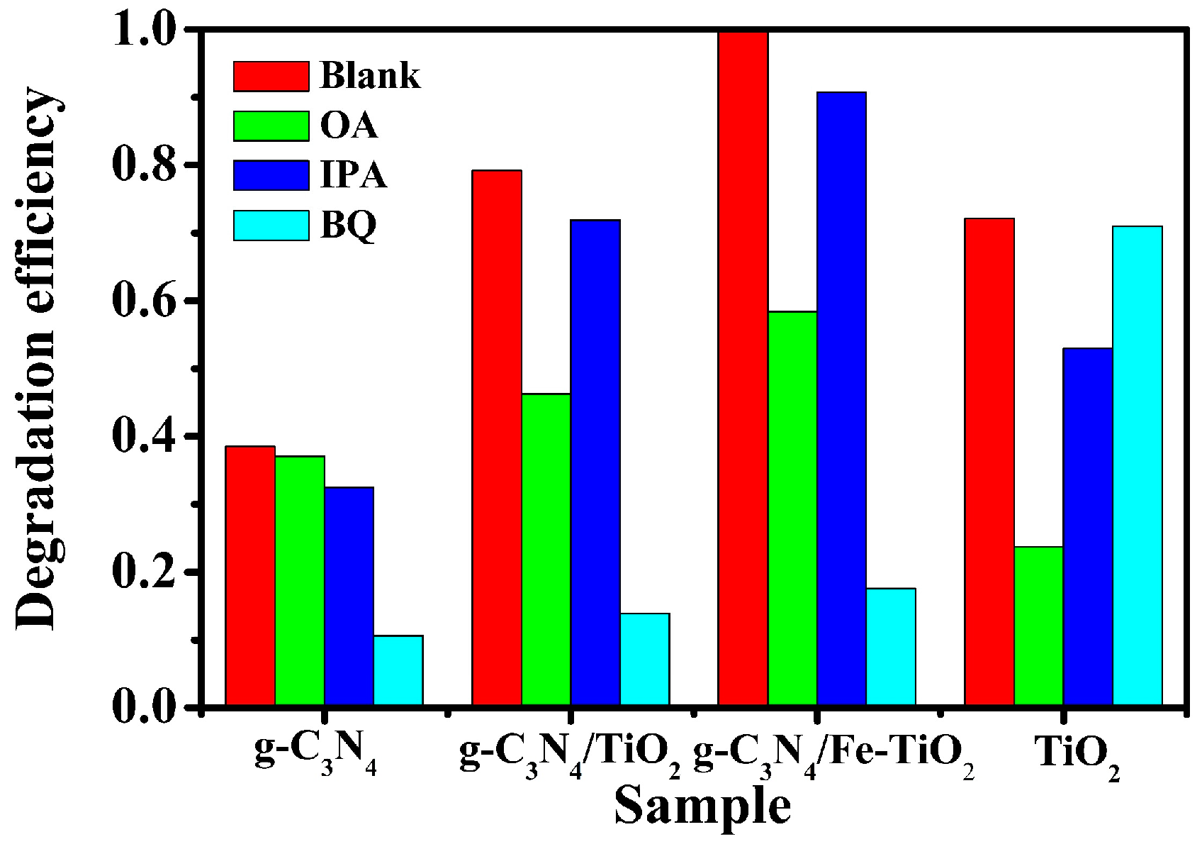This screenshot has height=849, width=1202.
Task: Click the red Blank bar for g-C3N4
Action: point(250,575)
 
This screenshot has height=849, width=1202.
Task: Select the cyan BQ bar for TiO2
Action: point(1138,465)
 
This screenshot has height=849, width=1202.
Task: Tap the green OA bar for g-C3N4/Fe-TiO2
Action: point(792,508)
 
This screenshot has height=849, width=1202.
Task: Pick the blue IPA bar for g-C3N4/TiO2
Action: point(595,462)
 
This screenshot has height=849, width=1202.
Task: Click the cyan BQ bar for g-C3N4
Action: point(398,670)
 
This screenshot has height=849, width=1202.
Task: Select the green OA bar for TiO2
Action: point(1039,626)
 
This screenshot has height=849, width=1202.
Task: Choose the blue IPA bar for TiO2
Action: point(1088,526)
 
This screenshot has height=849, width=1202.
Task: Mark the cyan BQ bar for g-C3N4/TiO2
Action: point(645,659)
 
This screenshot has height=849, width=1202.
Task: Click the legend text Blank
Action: point(370,75)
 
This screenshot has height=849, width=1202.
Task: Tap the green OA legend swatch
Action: point(271,126)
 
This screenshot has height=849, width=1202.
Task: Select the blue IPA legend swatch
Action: point(271,175)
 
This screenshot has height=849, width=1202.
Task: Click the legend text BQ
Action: point(348,226)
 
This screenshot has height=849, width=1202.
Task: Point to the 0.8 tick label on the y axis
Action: point(144,165)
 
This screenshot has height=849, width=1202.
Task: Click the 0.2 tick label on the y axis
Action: point(144,572)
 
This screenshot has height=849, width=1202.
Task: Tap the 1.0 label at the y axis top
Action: point(144,31)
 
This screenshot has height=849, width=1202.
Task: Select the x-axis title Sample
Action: point(702,806)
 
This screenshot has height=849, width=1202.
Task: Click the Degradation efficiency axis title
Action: point(37,358)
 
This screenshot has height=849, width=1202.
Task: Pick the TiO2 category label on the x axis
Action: point(1077,755)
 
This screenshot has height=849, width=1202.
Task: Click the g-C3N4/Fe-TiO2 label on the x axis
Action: point(833,755)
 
